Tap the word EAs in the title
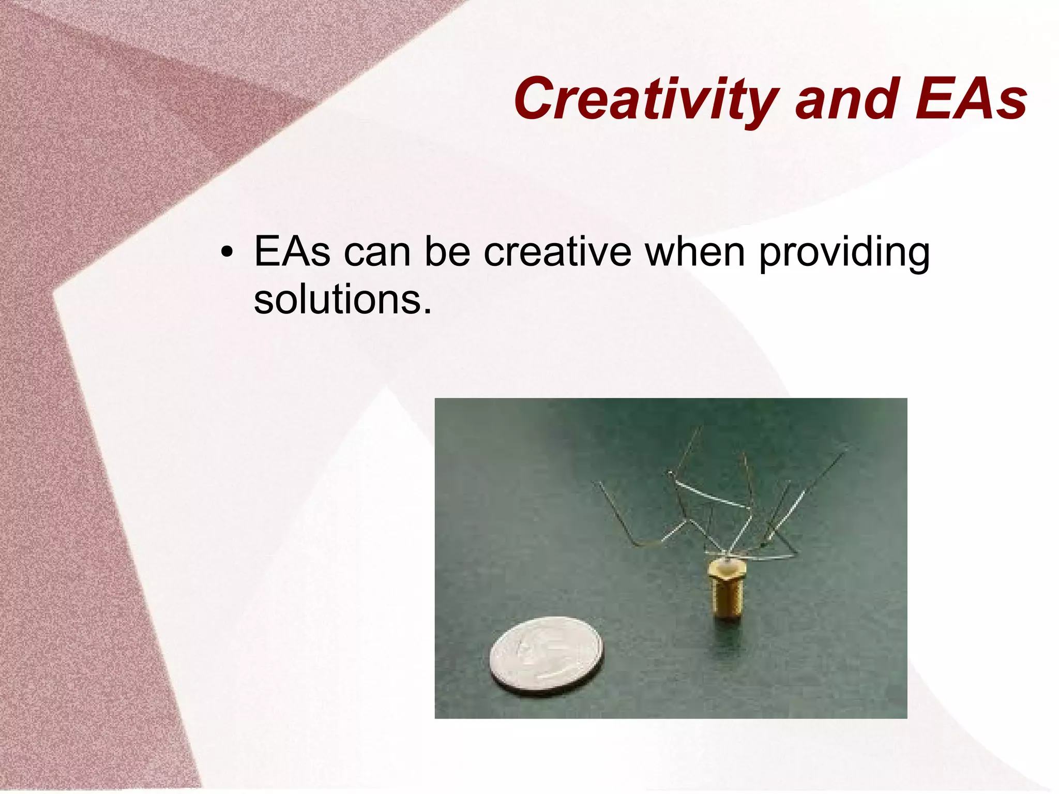pyautogui.click(x=971, y=98)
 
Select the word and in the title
pyautogui.click(x=848, y=98)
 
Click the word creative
pyautogui.click(x=557, y=252)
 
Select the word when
pyautogui.click(x=695, y=252)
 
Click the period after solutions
pyautogui.click(x=427, y=311)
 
